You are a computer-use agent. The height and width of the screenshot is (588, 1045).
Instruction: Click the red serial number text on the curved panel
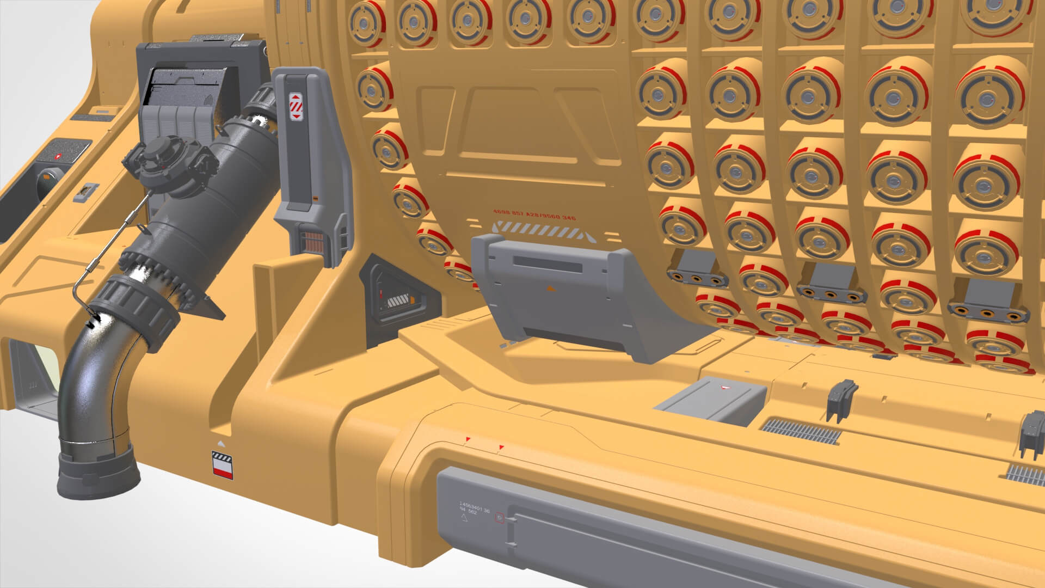[x=534, y=215]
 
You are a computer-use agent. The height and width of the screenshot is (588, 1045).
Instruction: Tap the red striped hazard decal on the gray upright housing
[x=296, y=106]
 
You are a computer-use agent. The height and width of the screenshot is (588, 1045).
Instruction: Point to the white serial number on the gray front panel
[x=475, y=511]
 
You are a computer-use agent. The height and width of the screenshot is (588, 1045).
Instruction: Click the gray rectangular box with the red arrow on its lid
[x=710, y=400]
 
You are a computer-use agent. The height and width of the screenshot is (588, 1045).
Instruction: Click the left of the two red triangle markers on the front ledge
[x=467, y=439]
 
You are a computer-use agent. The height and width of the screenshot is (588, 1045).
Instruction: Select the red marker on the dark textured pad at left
[x=59, y=156]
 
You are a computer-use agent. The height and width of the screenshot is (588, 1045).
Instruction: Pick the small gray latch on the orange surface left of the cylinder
[x=85, y=191]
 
